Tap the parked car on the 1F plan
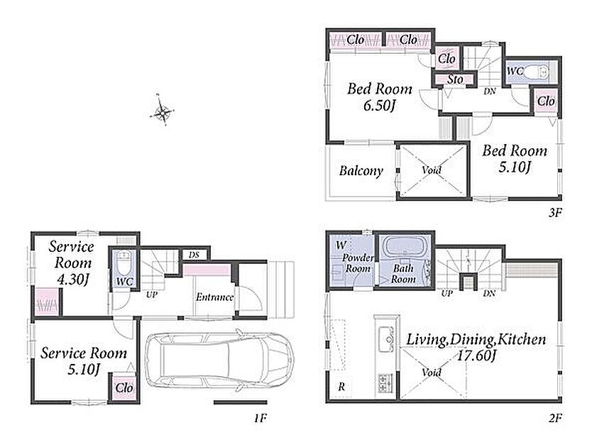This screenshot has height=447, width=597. [219, 360]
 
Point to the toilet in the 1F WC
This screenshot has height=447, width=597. [124, 262]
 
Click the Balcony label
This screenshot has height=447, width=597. [361, 171]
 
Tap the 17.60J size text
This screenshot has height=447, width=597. [477, 356]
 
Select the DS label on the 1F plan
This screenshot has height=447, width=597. [195, 255]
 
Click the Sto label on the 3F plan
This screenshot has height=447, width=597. [455, 79]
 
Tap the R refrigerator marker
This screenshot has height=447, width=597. [341, 387]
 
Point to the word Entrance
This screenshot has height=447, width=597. [215, 297]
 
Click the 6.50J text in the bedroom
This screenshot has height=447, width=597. [378, 106]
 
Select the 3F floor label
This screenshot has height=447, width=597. [556, 212]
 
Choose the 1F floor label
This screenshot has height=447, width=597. [260, 419]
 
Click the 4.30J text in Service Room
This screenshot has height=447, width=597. [72, 280]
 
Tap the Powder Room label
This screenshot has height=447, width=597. [358, 263]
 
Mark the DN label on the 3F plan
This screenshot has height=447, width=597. [490, 92]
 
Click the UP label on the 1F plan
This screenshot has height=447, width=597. [152, 294]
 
